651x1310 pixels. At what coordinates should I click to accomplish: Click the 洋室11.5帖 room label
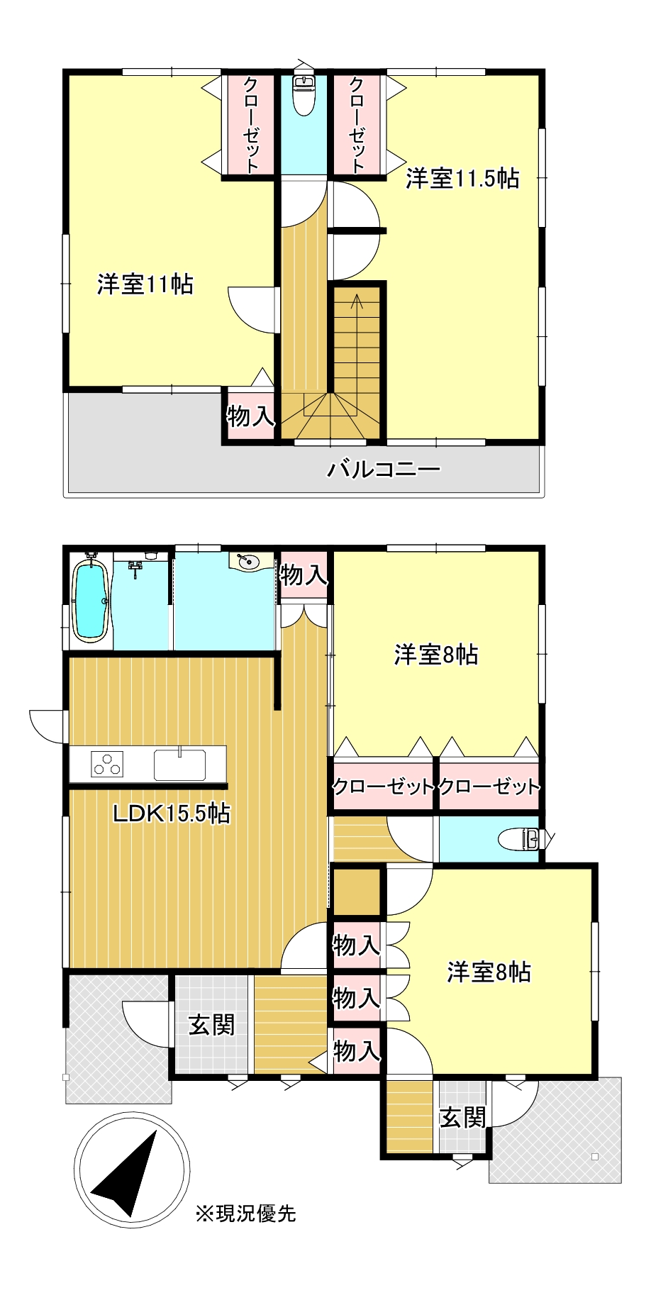462,179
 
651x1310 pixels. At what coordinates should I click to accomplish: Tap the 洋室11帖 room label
145,285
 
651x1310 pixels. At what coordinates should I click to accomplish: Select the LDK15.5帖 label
172,814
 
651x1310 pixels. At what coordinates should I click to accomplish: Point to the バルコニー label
384,469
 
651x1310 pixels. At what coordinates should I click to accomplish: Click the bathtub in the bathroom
91,600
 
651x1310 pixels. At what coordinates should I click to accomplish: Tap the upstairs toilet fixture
304,94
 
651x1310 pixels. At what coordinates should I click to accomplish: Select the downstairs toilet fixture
521,839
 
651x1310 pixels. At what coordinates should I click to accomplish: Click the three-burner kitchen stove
107,764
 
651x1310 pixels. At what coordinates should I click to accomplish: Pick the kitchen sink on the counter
180,764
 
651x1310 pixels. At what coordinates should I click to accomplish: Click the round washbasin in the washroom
248,562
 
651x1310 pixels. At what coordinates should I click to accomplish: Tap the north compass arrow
128,1173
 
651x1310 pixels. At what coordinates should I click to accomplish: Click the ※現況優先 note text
245,1214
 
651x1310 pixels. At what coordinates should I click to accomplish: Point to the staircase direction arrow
356,301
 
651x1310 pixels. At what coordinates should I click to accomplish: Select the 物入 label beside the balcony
250,416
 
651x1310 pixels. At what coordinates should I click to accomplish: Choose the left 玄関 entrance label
211,1025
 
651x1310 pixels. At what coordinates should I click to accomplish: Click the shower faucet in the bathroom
136,566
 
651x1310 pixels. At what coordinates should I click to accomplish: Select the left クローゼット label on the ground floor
383,787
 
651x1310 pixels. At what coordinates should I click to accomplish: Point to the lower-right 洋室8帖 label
489,972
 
